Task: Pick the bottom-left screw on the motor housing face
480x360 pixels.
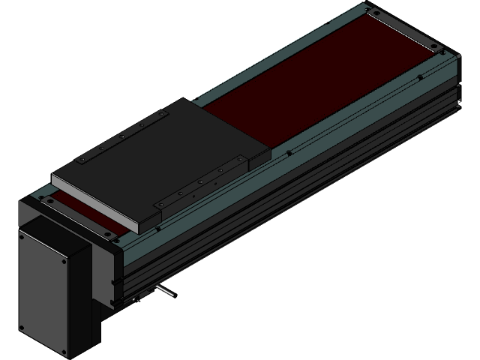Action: click(x=22, y=328)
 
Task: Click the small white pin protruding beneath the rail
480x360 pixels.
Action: click(x=167, y=290)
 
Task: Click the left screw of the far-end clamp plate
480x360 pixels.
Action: click(x=371, y=13)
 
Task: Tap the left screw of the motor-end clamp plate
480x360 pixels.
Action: click(x=47, y=202)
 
